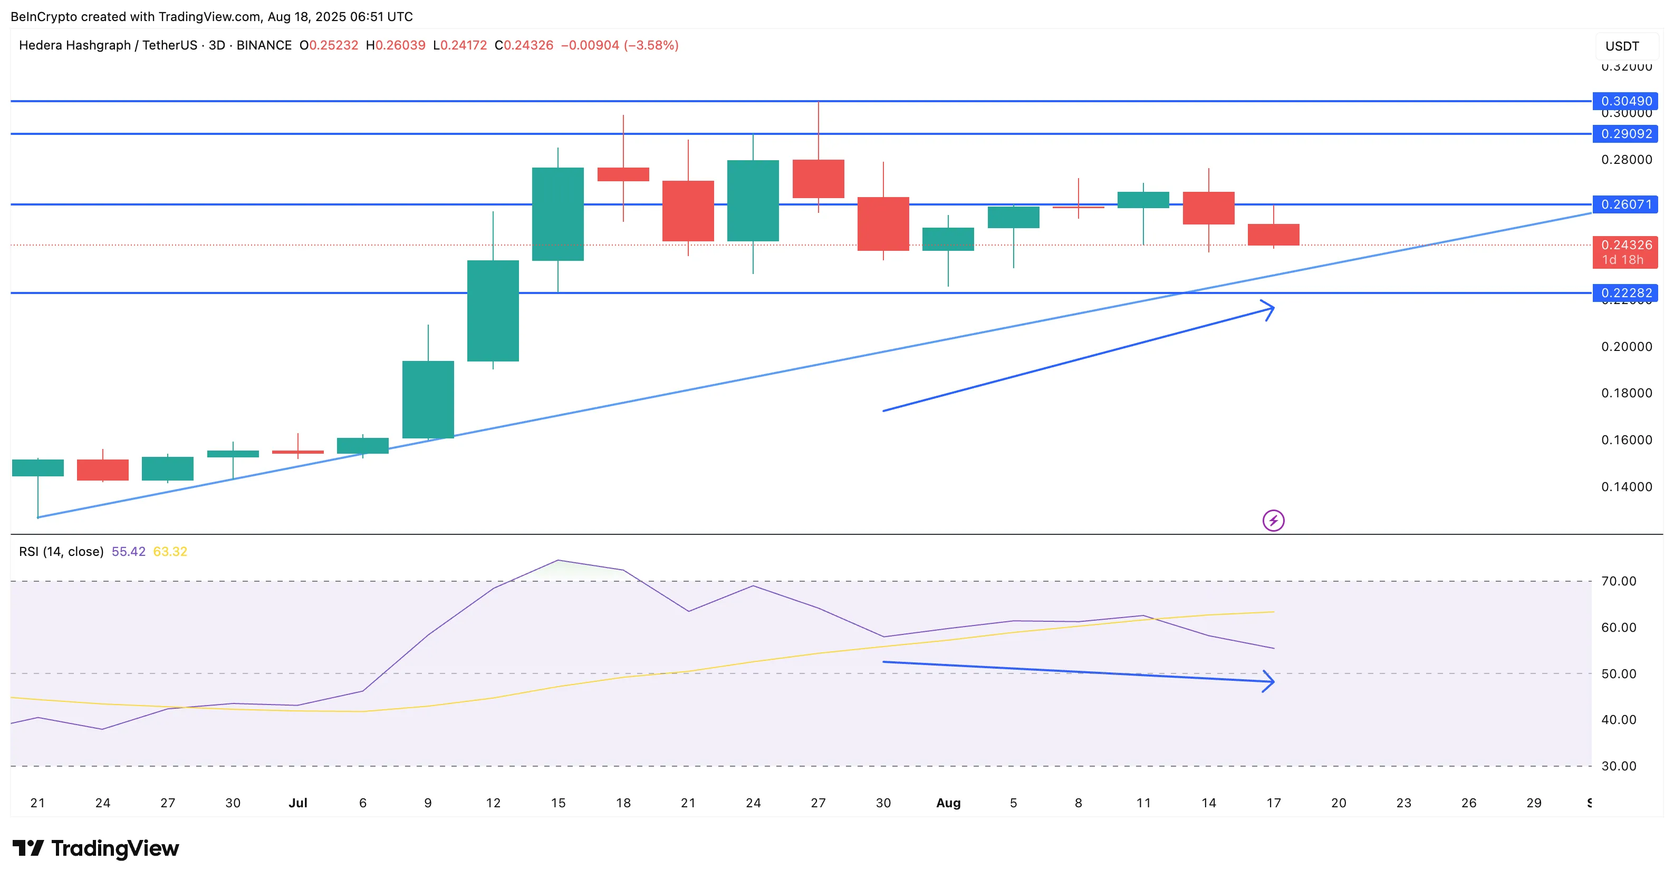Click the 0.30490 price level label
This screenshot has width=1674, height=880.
point(1625,101)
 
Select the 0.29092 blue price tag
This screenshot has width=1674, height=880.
point(1625,134)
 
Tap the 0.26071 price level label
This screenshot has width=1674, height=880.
point(1625,204)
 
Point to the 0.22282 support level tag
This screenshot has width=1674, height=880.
point(1625,293)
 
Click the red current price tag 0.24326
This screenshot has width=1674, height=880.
point(1625,252)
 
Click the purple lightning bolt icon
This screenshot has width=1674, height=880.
point(1273,520)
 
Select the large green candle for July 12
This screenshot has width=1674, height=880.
point(493,310)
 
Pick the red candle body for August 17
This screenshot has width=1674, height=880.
point(1274,234)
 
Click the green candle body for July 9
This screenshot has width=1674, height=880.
point(428,399)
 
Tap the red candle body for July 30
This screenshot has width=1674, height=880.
point(883,223)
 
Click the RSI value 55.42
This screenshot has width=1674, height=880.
point(129,551)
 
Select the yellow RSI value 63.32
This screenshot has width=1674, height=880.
point(170,551)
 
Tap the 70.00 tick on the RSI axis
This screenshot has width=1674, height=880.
point(1619,581)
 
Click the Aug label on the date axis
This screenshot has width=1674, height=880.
point(948,803)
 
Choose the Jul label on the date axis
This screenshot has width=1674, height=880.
point(297,803)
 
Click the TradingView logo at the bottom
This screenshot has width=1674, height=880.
point(95,848)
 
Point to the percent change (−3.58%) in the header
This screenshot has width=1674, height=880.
point(651,45)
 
